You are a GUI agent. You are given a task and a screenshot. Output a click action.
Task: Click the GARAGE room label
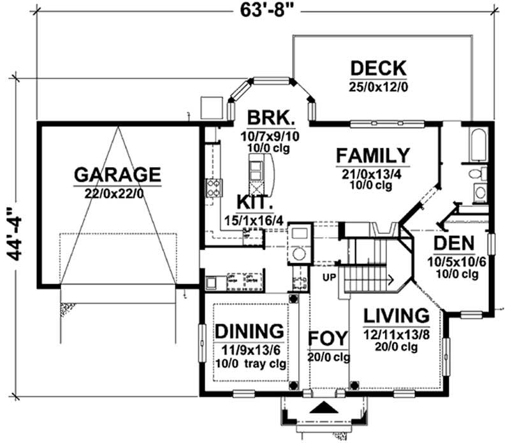(117, 175)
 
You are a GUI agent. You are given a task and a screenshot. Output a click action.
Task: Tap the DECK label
(378, 69)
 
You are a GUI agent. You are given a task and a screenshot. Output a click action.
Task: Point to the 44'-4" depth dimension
(15, 234)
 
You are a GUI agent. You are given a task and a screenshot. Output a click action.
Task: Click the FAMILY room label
(373, 156)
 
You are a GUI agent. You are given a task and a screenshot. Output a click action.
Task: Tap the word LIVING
(396, 316)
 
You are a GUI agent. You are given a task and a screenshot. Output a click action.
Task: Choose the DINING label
(249, 331)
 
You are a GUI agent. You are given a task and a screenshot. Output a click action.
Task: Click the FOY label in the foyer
(328, 338)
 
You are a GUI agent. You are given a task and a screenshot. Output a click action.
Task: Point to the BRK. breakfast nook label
(271, 118)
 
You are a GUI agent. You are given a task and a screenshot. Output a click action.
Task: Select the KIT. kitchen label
(254, 202)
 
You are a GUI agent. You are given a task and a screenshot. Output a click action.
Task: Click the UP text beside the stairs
(329, 277)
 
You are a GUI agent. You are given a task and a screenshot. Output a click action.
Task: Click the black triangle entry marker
(323, 407)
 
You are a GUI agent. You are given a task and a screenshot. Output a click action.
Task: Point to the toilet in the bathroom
(477, 173)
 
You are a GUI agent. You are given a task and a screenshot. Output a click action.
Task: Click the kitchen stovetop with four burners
(214, 188)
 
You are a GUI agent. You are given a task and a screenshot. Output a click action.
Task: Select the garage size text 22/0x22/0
(114, 194)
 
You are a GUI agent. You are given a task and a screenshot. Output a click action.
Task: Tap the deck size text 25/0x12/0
(378, 87)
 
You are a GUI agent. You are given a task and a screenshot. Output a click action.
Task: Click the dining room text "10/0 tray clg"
(251, 363)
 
